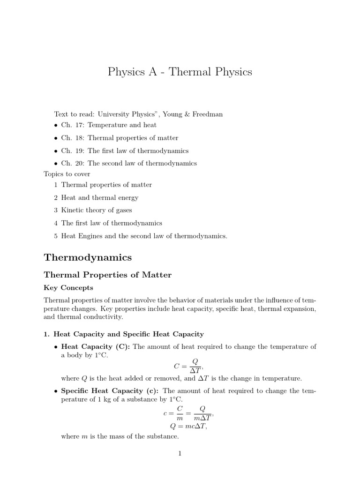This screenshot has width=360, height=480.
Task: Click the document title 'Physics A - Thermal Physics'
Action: (x=180, y=72)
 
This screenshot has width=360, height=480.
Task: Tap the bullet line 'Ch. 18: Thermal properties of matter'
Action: (x=120, y=138)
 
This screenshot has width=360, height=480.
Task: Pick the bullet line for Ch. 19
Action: (x=125, y=151)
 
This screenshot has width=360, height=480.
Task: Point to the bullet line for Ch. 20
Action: (x=129, y=164)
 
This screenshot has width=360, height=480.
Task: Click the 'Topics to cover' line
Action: (x=67, y=174)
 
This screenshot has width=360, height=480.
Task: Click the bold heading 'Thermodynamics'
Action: (x=88, y=257)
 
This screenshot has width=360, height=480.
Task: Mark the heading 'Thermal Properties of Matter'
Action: (x=108, y=275)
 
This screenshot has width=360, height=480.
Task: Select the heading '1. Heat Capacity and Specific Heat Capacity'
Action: (x=124, y=334)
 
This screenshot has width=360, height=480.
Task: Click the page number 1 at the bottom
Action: (x=180, y=453)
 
